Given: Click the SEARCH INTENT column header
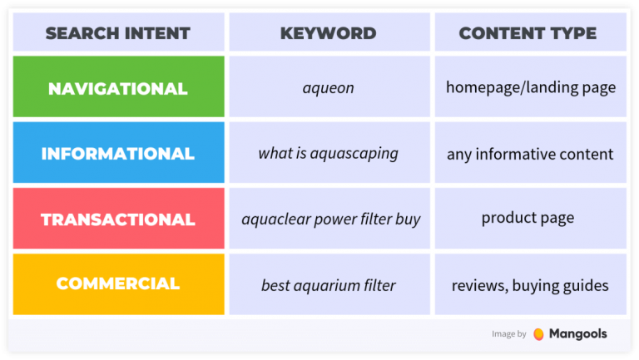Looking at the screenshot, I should click(117, 34).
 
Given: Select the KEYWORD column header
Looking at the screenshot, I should click(328, 34).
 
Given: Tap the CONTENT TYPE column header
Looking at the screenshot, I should click(528, 34).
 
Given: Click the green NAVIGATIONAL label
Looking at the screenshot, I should click(117, 88).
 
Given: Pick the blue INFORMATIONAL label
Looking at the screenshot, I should click(117, 154).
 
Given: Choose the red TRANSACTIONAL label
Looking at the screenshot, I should click(117, 219).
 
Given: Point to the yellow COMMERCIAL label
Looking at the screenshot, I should click(117, 284).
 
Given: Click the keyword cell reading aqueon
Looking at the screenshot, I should click(328, 87).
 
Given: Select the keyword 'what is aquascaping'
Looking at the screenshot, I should click(328, 154).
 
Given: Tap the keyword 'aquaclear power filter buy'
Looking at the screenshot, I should click(330, 219).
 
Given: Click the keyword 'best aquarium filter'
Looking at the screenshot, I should click(328, 285).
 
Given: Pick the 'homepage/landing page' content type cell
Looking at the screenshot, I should click(530, 87).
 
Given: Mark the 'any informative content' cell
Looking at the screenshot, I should click(530, 154).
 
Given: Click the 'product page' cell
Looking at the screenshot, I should click(528, 219).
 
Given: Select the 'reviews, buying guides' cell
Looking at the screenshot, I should click(530, 285).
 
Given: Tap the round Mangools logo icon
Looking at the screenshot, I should click(538, 334).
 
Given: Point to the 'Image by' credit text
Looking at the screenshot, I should click(508, 334).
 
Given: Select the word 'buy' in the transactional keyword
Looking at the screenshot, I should click(408, 219).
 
